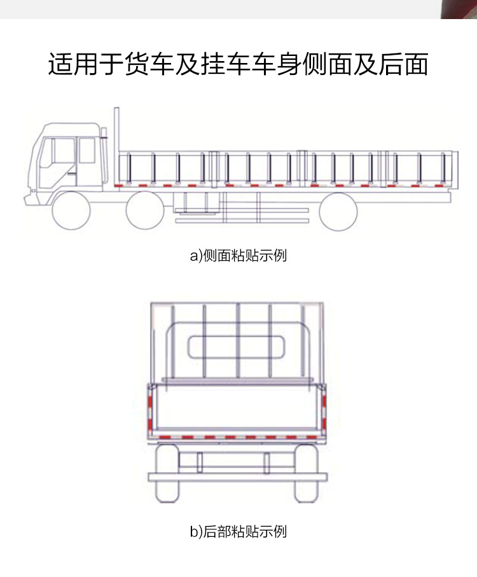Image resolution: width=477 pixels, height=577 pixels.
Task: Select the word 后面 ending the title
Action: coord(406,65)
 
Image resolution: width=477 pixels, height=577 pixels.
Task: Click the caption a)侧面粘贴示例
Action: coord(238,256)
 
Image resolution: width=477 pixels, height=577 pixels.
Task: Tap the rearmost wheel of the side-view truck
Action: coord(338,211)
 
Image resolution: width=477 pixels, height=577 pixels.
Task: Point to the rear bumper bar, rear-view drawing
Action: coord(237,476)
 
